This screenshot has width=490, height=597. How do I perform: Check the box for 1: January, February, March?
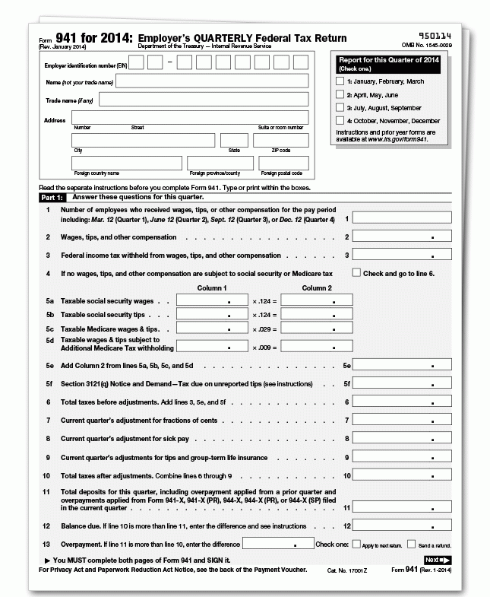coord(340,81)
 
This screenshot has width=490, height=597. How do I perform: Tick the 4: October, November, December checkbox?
coord(340,120)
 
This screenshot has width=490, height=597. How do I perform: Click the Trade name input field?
coord(204,100)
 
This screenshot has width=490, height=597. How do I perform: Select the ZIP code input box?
coord(280,141)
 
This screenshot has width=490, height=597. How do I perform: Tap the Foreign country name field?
coord(126,164)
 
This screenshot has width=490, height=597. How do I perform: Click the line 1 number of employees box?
coord(402,218)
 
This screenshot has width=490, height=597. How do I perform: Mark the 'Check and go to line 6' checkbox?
coord(356,272)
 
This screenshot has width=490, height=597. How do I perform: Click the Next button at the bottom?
coord(437,560)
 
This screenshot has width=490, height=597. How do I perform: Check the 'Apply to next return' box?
coord(356,545)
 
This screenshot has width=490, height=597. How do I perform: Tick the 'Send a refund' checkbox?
coord(411,545)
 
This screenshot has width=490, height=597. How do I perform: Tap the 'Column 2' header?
coord(317,288)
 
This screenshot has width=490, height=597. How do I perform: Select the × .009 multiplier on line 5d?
coord(265,347)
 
